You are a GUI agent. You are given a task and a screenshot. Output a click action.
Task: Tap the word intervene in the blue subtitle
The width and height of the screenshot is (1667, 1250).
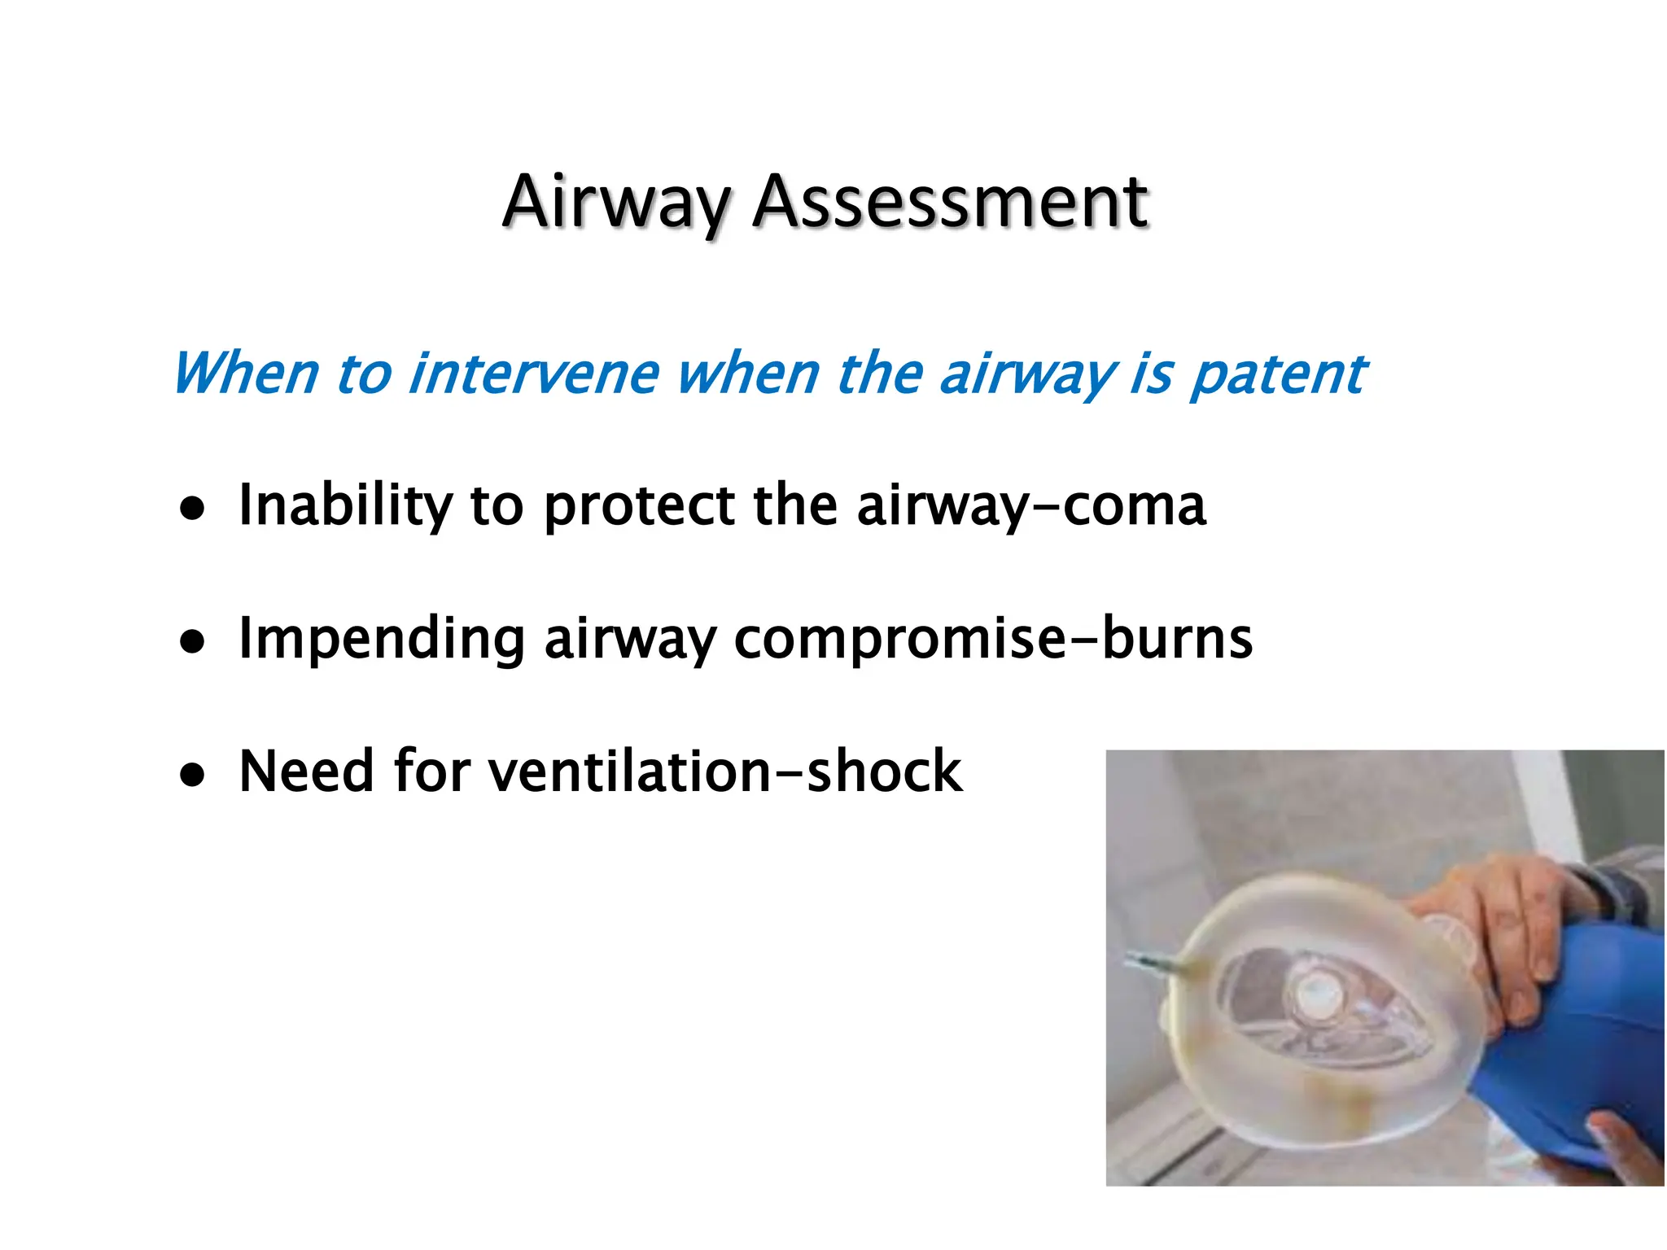coord(533,374)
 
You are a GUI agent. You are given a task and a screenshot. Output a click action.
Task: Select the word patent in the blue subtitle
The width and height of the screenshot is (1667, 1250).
coord(1278,375)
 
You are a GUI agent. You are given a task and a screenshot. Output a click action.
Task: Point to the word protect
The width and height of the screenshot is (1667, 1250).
coord(639,506)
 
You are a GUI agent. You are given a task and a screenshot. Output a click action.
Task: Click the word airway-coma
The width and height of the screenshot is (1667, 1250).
coord(1030,506)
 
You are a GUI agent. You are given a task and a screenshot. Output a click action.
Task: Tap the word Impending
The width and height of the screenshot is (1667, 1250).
coord(381,639)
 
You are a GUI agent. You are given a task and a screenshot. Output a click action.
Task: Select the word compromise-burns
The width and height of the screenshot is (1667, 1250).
coord(992,639)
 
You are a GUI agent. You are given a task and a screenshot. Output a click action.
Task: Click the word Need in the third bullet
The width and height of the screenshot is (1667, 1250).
coord(306,771)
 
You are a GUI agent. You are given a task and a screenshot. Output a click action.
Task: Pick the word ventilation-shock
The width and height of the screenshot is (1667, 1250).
coord(725,771)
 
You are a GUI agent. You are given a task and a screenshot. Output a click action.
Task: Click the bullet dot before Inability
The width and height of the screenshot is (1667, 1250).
coord(193,510)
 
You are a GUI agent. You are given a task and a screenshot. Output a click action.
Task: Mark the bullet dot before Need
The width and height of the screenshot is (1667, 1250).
coord(193,776)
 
